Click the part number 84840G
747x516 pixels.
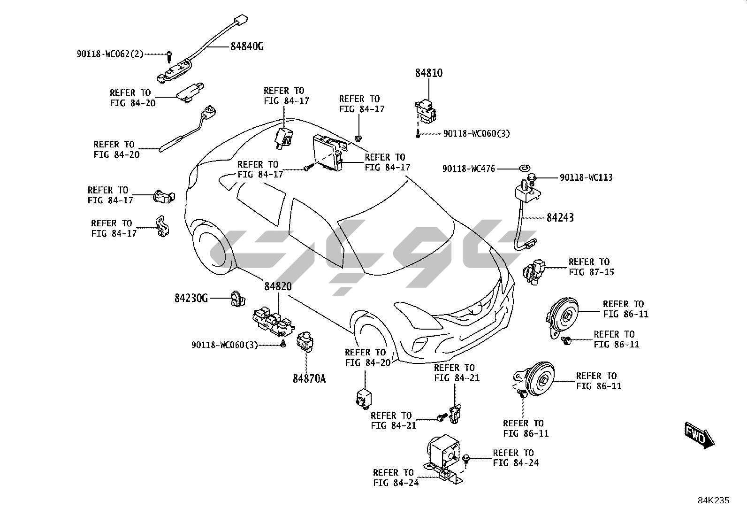(x=246, y=46)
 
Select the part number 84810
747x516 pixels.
(x=428, y=73)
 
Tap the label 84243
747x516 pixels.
(x=560, y=217)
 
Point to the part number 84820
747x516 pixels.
(x=278, y=286)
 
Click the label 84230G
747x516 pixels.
(x=191, y=298)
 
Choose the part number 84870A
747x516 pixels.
(x=309, y=378)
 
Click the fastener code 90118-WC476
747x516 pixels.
(x=468, y=169)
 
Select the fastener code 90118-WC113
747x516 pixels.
(x=586, y=177)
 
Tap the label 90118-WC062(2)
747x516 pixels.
(x=110, y=54)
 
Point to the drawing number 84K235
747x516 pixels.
(x=713, y=501)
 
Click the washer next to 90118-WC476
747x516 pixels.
(x=522, y=167)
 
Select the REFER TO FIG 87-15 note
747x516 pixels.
(x=591, y=267)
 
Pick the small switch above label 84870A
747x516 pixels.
(x=305, y=341)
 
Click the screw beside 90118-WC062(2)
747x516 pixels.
(x=169, y=56)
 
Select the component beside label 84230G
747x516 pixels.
(x=237, y=298)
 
